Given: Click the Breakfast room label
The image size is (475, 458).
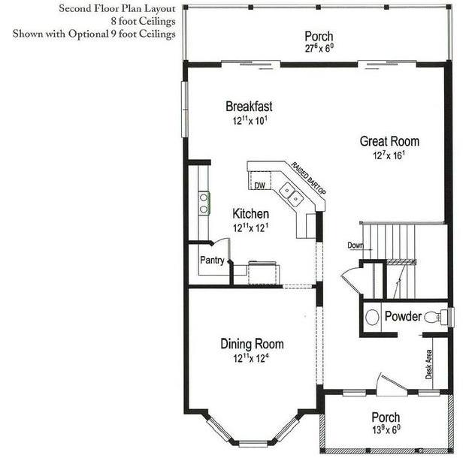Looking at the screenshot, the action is [x=249, y=107].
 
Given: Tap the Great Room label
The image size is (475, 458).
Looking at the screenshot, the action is [x=389, y=141].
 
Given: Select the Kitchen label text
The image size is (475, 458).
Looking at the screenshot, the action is [x=251, y=214].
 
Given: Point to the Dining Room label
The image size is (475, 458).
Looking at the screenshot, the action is [x=252, y=344].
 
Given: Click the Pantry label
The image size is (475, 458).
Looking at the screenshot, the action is [x=212, y=261].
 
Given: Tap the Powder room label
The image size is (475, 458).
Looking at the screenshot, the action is [x=403, y=316].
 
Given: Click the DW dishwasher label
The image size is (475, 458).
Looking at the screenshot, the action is [x=259, y=185].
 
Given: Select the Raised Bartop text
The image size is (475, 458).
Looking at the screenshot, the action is [x=308, y=179].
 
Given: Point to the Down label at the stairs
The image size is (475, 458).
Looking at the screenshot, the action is [x=355, y=246].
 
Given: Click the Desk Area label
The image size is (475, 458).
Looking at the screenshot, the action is [x=428, y=364].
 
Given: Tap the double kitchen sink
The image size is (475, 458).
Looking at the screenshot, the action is [x=292, y=194].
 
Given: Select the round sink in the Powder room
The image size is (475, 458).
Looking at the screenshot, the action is [x=372, y=318].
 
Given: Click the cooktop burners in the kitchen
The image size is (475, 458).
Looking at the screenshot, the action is [x=204, y=203].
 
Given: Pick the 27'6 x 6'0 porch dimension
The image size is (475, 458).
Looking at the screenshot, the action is [x=319, y=48].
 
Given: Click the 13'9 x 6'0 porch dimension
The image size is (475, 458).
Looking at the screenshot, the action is [x=386, y=429].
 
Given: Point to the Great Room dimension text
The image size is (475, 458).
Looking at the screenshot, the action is [x=389, y=155].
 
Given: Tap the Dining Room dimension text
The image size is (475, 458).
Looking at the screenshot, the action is [x=251, y=358].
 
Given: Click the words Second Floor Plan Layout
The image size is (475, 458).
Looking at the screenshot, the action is [x=117, y=8].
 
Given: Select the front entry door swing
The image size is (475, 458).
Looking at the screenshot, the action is [x=392, y=385].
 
